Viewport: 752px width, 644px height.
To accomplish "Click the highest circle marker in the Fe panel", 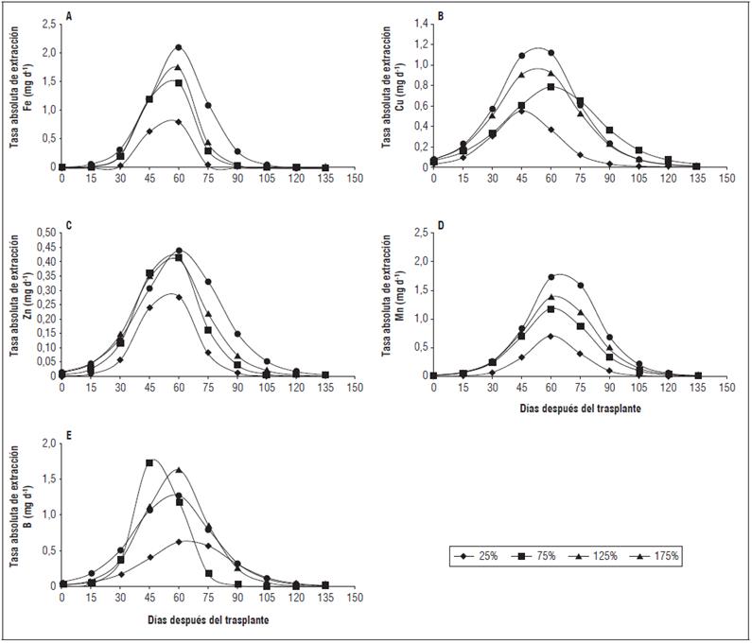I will point(178,47).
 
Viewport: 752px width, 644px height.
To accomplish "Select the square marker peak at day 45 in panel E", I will point(149,463).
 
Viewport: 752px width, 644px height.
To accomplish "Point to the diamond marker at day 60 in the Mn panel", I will point(551,336).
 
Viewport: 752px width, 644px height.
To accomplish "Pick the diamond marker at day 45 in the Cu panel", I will point(521,111).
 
